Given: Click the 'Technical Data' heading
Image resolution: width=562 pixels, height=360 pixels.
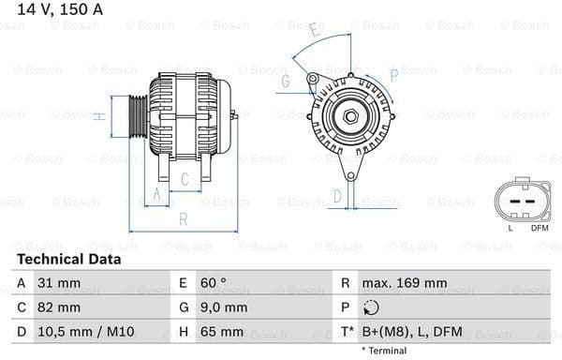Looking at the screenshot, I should tap(68, 259).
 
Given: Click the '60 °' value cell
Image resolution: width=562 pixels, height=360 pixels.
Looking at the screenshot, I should tap(213, 283).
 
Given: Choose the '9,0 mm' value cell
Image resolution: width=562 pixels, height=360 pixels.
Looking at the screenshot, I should tap(222, 307).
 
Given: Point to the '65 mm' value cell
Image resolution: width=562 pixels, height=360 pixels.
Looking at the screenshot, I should tap(221, 332).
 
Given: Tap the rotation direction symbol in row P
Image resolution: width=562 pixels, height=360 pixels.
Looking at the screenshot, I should tap(372, 307).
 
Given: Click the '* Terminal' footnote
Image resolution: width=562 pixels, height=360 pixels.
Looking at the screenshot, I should tap(383, 351).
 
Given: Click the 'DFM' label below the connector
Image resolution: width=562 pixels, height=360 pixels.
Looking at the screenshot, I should tap(540, 228).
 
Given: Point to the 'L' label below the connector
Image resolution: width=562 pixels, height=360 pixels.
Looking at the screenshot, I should tap(510, 228).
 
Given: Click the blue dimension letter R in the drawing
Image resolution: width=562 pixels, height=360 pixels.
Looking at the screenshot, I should tap(183, 218).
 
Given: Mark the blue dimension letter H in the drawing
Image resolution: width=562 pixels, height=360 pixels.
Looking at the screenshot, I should tap(98, 116).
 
